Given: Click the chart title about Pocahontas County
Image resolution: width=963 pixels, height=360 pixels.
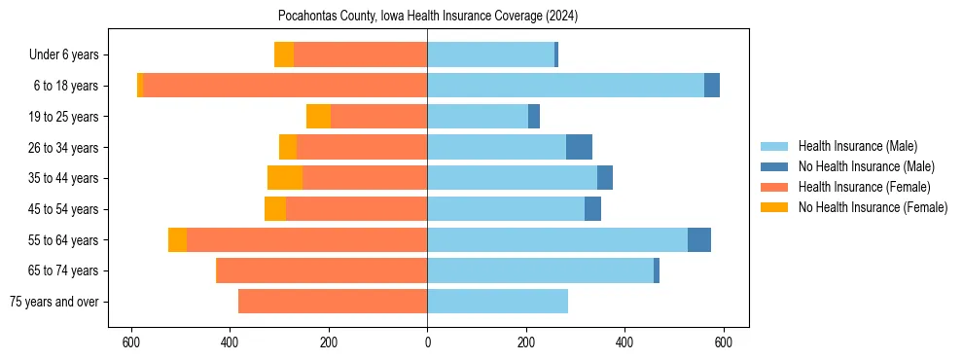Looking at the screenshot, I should (427, 17).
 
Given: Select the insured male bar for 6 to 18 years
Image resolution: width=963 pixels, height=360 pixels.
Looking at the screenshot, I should (565, 86).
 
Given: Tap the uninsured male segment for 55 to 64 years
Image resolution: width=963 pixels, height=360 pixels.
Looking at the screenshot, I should (699, 240).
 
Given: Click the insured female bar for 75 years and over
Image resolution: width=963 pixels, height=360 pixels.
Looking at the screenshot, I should (333, 302).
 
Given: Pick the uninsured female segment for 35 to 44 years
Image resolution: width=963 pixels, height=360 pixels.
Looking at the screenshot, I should (285, 178).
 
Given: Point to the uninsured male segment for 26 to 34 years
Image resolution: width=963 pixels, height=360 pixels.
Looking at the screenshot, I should (579, 147).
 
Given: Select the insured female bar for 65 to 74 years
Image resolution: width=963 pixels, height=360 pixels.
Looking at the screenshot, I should (322, 270).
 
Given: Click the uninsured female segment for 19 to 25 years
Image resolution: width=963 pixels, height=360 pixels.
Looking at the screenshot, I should (318, 117).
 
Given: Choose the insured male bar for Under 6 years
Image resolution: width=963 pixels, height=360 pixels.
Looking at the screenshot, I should (490, 54).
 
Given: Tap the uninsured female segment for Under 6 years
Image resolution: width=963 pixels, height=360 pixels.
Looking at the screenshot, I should (284, 54).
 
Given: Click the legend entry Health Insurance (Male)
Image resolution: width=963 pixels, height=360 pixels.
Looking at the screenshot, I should (857, 147).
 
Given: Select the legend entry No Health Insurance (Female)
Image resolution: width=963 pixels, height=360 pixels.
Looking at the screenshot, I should (873, 207).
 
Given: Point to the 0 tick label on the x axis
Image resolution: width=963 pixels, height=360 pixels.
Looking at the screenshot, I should (427, 342).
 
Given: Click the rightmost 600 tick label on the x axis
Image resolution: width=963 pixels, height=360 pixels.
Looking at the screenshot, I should (723, 342).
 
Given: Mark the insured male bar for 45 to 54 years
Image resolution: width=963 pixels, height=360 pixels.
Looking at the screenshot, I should (506, 209).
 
